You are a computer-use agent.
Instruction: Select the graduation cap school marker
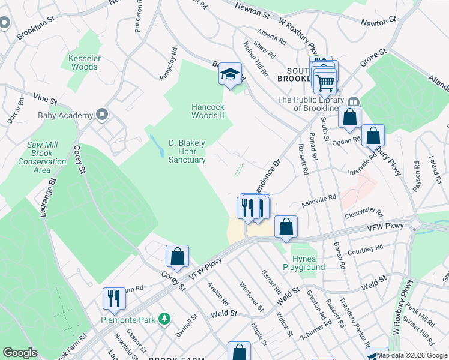click(x=230, y=74)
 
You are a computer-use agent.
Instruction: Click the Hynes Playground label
click(x=304, y=263)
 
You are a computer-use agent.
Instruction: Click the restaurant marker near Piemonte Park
click(x=112, y=298)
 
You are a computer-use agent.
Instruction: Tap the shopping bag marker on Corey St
click(x=178, y=256)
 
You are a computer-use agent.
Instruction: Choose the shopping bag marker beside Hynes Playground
click(x=286, y=227)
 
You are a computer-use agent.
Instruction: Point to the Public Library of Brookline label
click(x=310, y=104)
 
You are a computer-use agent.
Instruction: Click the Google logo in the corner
click(x=20, y=353)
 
